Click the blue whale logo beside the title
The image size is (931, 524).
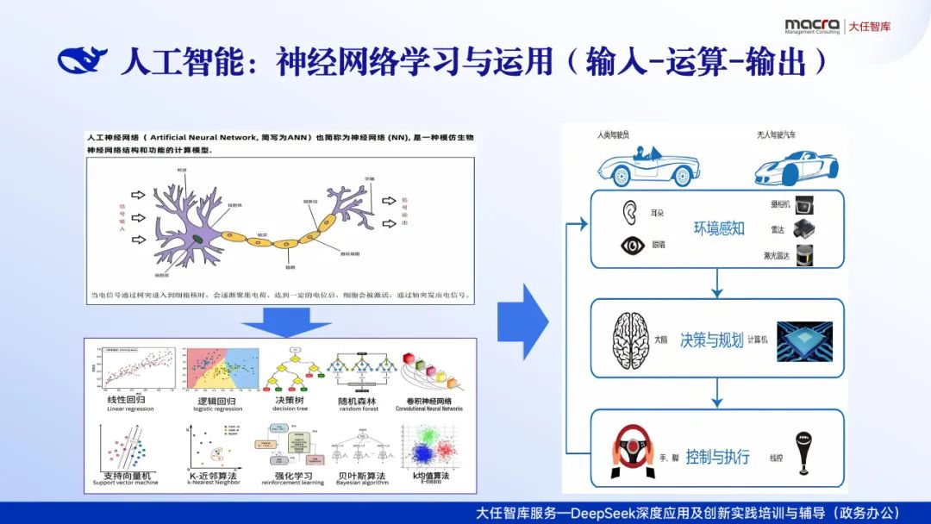pyautogui.click(x=82, y=60)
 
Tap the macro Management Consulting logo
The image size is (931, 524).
pyautogui.click(x=811, y=26)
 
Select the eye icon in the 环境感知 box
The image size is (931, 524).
pyautogui.click(x=634, y=246)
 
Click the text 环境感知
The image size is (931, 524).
pyautogui.click(x=718, y=228)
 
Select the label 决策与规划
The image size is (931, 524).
pyautogui.click(x=710, y=340)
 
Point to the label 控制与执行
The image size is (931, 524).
pyautogui.click(x=717, y=457)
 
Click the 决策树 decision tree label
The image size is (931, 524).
pyautogui.click(x=288, y=401)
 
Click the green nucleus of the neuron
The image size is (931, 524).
pyautogui.click(x=198, y=237)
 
